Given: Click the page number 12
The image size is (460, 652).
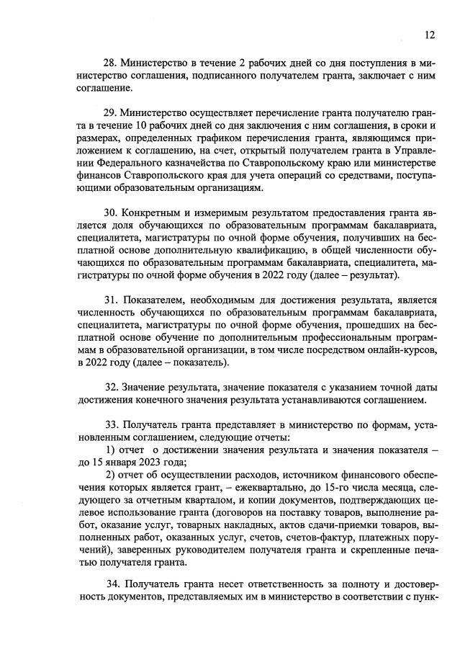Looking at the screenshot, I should [429, 34].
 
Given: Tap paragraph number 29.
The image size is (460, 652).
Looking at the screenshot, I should [111, 114].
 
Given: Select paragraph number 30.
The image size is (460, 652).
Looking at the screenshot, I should [111, 215].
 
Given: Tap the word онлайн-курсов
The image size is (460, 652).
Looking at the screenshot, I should [393, 350].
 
